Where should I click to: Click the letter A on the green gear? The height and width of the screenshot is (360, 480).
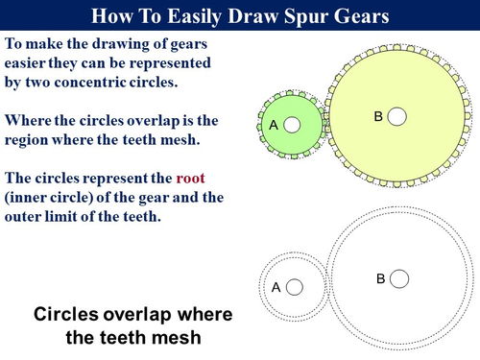(x=274, y=125)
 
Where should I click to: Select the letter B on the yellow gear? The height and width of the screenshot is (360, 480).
(x=378, y=116)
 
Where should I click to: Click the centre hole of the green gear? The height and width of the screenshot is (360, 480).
(x=292, y=125)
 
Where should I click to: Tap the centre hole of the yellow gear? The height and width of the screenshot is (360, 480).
(x=396, y=116)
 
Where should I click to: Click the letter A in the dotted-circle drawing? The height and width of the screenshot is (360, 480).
(x=276, y=287)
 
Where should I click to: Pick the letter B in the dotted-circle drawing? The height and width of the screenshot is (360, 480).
(x=380, y=278)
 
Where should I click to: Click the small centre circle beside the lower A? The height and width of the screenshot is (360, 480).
(x=295, y=286)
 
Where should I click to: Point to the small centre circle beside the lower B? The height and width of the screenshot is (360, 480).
(x=399, y=277)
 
